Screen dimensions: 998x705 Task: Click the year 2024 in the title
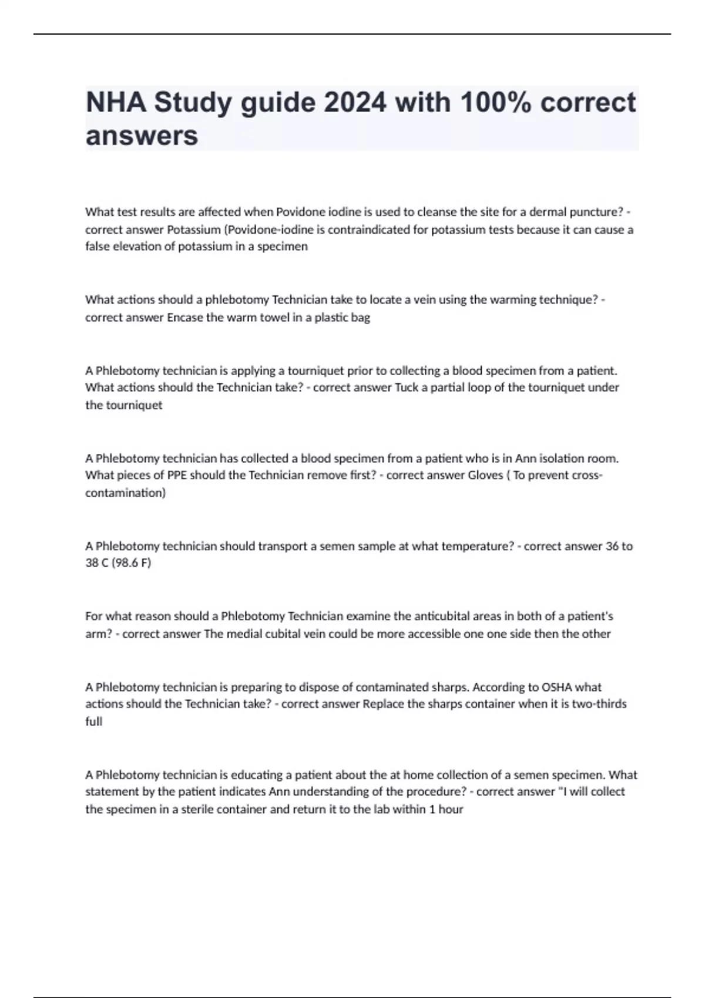(x=355, y=103)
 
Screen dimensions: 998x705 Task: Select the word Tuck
(x=406, y=387)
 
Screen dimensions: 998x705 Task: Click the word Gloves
(x=485, y=475)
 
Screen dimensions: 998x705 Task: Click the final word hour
(x=451, y=809)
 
